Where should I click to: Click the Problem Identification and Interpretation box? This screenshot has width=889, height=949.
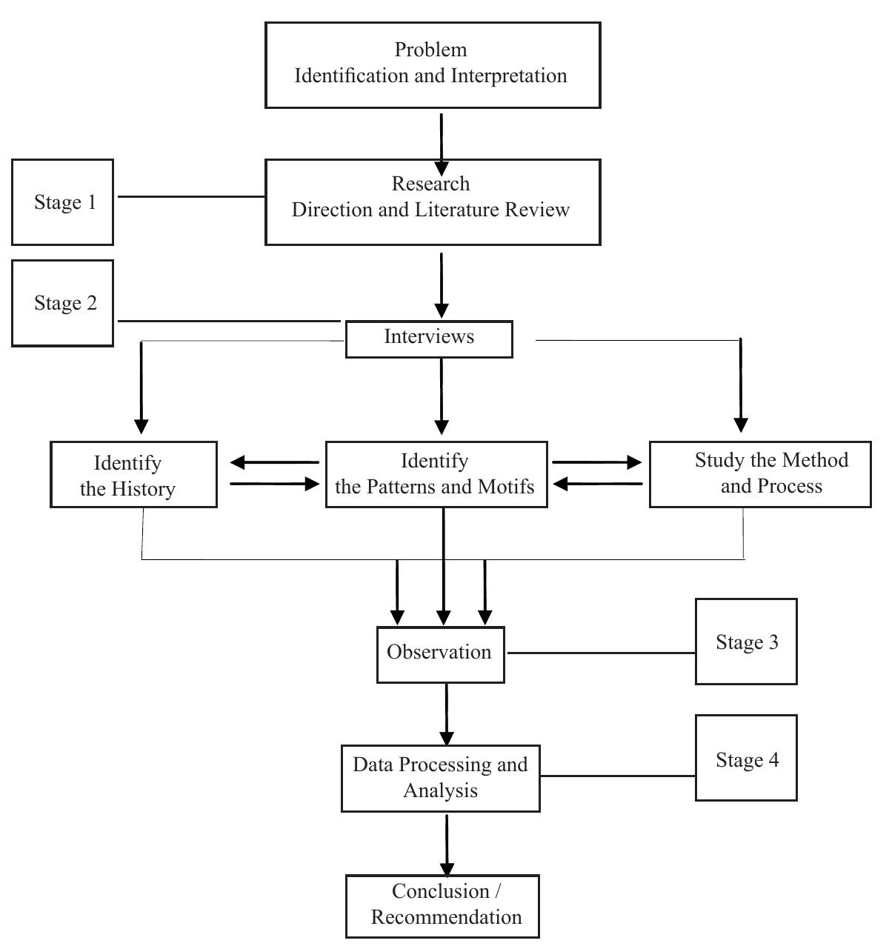click(433, 65)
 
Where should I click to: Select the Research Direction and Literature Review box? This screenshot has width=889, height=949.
click(433, 202)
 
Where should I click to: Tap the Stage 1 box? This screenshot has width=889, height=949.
click(63, 202)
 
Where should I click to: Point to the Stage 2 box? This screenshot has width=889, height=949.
click(63, 303)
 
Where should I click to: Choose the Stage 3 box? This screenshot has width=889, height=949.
click(746, 642)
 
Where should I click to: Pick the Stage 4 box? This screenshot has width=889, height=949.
click(746, 758)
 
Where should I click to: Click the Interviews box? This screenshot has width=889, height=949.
click(429, 339)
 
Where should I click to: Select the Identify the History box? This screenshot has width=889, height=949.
click(133, 475)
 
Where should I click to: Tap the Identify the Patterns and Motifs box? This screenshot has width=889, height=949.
click(436, 475)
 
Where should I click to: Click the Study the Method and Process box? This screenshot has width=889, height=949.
click(760, 475)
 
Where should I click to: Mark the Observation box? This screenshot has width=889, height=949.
click(440, 654)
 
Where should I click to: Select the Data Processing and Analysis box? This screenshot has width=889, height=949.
click(440, 778)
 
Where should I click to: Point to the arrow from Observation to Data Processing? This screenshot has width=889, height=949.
click(447, 714)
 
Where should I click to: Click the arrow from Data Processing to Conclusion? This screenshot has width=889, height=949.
click(447, 845)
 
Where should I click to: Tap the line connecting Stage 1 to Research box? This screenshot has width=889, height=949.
click(191, 197)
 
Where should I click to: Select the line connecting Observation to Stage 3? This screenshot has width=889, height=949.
click(600, 653)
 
